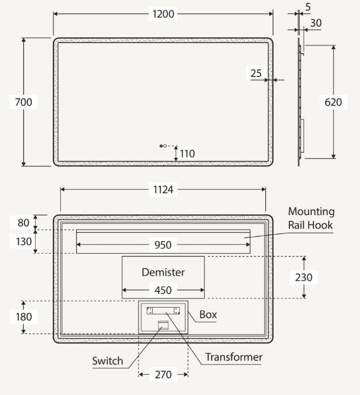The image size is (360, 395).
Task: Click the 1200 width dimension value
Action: tap(163, 14)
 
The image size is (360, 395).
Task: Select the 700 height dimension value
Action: tap(23, 102)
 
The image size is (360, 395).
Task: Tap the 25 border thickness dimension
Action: tap(256, 73)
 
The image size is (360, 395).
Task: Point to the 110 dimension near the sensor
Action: tap(187, 153)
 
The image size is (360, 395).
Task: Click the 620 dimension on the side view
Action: tap(333, 102)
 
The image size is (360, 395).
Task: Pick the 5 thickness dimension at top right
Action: tap(308, 7)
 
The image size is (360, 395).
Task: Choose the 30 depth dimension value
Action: tap(316, 23)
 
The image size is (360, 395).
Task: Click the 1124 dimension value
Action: tap(163, 190)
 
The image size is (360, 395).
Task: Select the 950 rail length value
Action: tap(163, 245)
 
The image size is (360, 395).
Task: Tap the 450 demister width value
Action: tap(163, 290)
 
